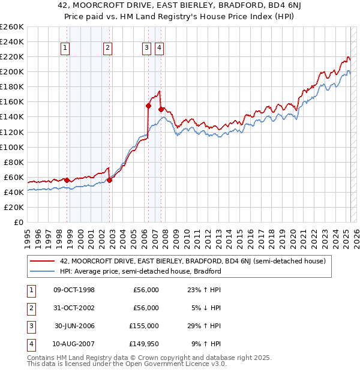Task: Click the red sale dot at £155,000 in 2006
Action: click(x=148, y=105)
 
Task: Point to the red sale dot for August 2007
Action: click(x=161, y=109)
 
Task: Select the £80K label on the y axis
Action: click(x=14, y=162)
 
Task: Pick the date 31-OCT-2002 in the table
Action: click(x=74, y=308)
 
